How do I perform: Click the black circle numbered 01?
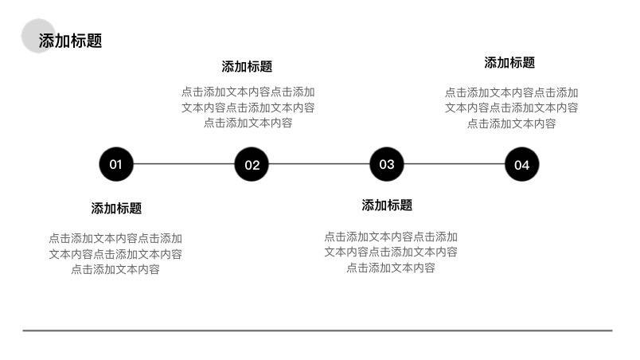click(116, 165)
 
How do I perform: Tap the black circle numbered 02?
click(252, 165)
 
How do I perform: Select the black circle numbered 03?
click(387, 164)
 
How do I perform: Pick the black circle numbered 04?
click(522, 165)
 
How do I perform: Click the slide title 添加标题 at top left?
click(71, 41)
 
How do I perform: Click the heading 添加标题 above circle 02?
click(247, 67)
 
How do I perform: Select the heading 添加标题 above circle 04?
click(509, 63)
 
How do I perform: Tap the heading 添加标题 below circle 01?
click(116, 209)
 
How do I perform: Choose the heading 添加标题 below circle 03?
click(387, 205)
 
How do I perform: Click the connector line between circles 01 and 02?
click(184, 165)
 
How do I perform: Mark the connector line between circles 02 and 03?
click(319, 165)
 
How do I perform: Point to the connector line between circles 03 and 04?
click(455, 165)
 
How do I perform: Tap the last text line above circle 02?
click(248, 123)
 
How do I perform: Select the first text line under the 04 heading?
click(511, 92)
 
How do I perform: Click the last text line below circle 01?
click(115, 269)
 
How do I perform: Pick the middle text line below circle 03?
click(390, 252)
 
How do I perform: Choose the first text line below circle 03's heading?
click(390, 237)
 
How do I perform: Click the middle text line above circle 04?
click(511, 108)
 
